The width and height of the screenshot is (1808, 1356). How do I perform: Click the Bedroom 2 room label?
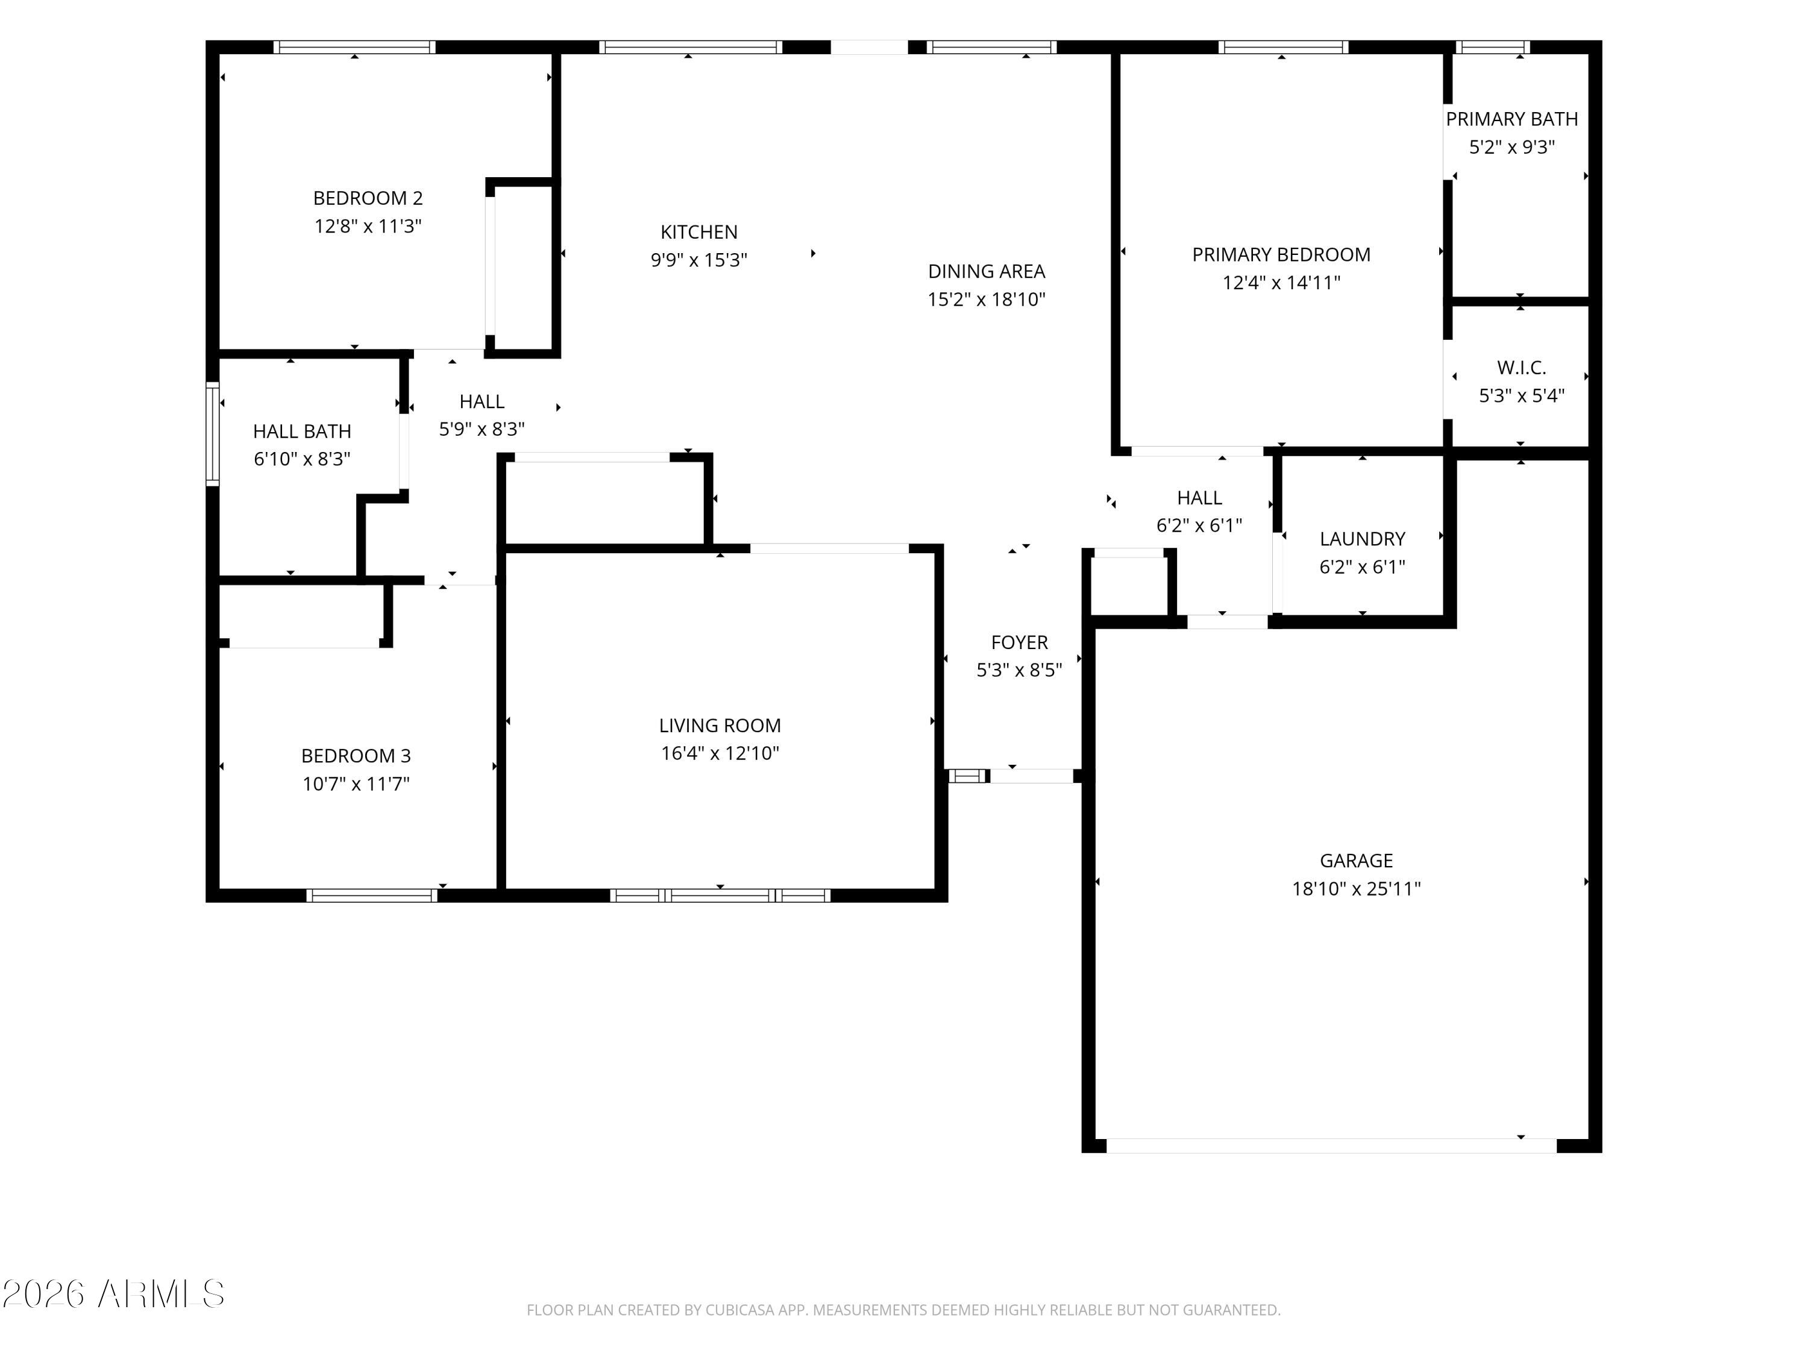click(x=368, y=198)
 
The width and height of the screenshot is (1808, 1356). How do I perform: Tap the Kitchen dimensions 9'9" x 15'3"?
click(x=699, y=260)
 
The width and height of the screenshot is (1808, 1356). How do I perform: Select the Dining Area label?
click(x=987, y=271)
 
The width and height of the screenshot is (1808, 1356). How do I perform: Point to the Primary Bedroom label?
click(x=1281, y=255)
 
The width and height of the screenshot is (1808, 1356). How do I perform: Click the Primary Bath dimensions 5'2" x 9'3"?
click(x=1511, y=147)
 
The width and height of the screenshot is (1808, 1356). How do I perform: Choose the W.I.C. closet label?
click(x=1521, y=368)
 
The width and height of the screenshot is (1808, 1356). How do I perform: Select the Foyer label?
click(x=1019, y=642)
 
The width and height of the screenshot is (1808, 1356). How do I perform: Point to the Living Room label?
click(x=720, y=726)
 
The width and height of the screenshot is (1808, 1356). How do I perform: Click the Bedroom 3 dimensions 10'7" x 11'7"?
click(x=356, y=784)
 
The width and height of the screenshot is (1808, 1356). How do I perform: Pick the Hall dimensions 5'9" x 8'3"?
click(x=482, y=429)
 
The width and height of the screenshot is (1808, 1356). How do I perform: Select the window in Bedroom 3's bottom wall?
click(x=372, y=895)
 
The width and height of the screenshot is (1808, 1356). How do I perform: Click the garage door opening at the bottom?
click(x=1331, y=1146)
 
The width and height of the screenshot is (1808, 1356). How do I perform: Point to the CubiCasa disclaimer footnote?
click(x=903, y=1310)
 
